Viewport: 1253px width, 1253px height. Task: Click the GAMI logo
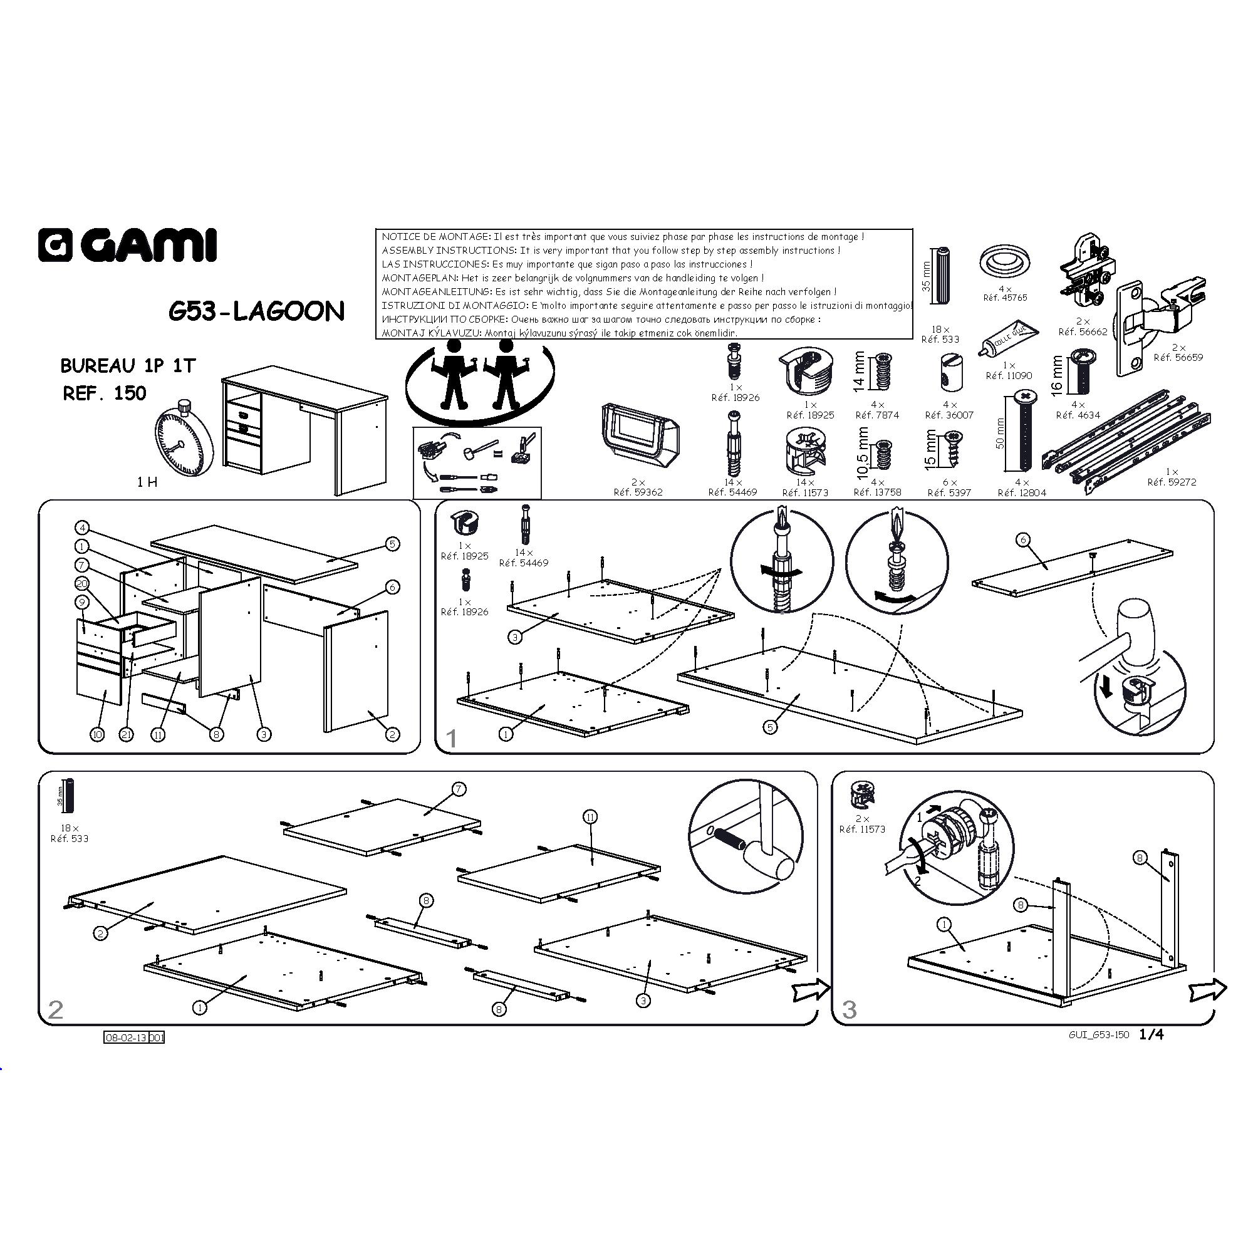(127, 245)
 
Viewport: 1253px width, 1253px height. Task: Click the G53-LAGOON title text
(257, 311)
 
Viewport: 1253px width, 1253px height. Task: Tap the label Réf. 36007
(950, 415)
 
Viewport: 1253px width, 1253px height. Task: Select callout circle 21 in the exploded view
(127, 734)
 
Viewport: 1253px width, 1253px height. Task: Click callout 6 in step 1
(1023, 539)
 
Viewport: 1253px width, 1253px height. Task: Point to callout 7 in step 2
(459, 789)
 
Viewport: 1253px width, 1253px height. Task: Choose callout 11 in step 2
(590, 816)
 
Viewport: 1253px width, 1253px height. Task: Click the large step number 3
(849, 1009)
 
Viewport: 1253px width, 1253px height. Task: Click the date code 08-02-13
(127, 1037)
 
